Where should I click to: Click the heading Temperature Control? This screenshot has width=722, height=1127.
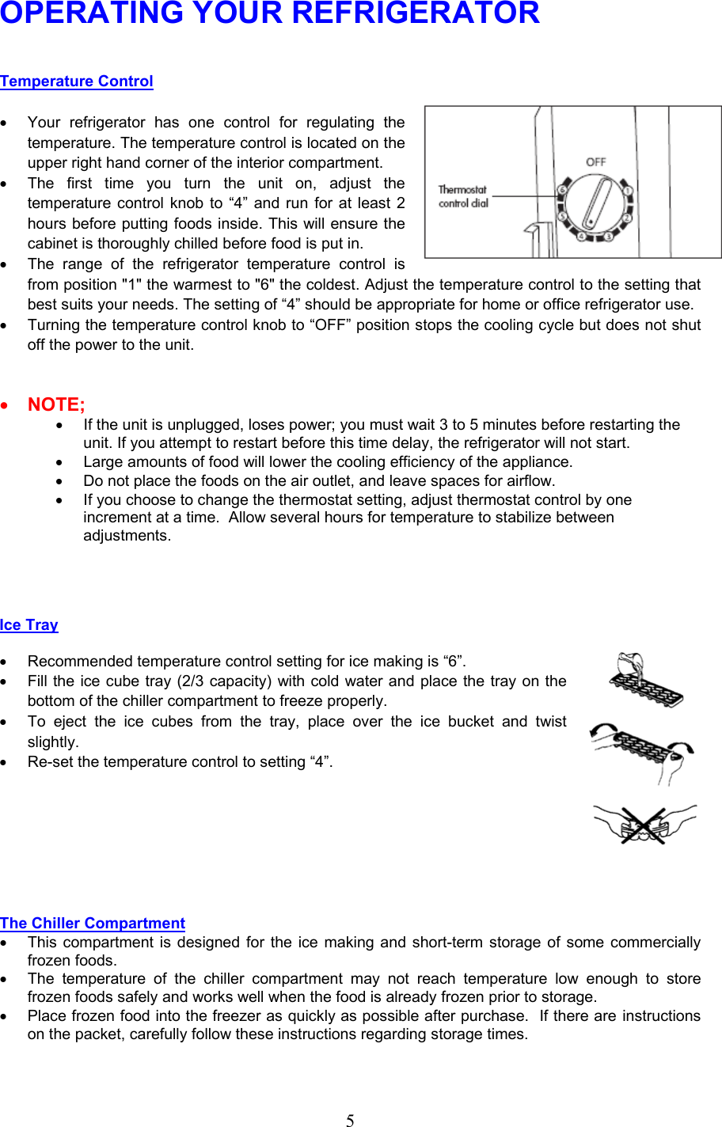coord(77,82)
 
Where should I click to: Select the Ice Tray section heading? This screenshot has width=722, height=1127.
coord(29,625)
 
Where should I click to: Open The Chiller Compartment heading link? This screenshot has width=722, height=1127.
coord(93,924)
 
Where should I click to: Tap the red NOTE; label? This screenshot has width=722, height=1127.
coord(56,404)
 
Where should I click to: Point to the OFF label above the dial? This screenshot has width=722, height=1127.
coord(596,162)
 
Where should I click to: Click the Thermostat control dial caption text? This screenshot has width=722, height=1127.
coord(463,196)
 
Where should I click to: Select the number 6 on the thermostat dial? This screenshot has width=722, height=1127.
coord(563,190)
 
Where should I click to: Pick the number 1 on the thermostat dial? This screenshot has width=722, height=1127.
coord(627,191)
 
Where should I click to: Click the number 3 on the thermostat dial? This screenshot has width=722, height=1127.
coord(608,236)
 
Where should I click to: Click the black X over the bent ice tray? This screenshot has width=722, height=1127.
coord(643,825)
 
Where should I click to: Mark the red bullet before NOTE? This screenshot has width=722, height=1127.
coord(6,405)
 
